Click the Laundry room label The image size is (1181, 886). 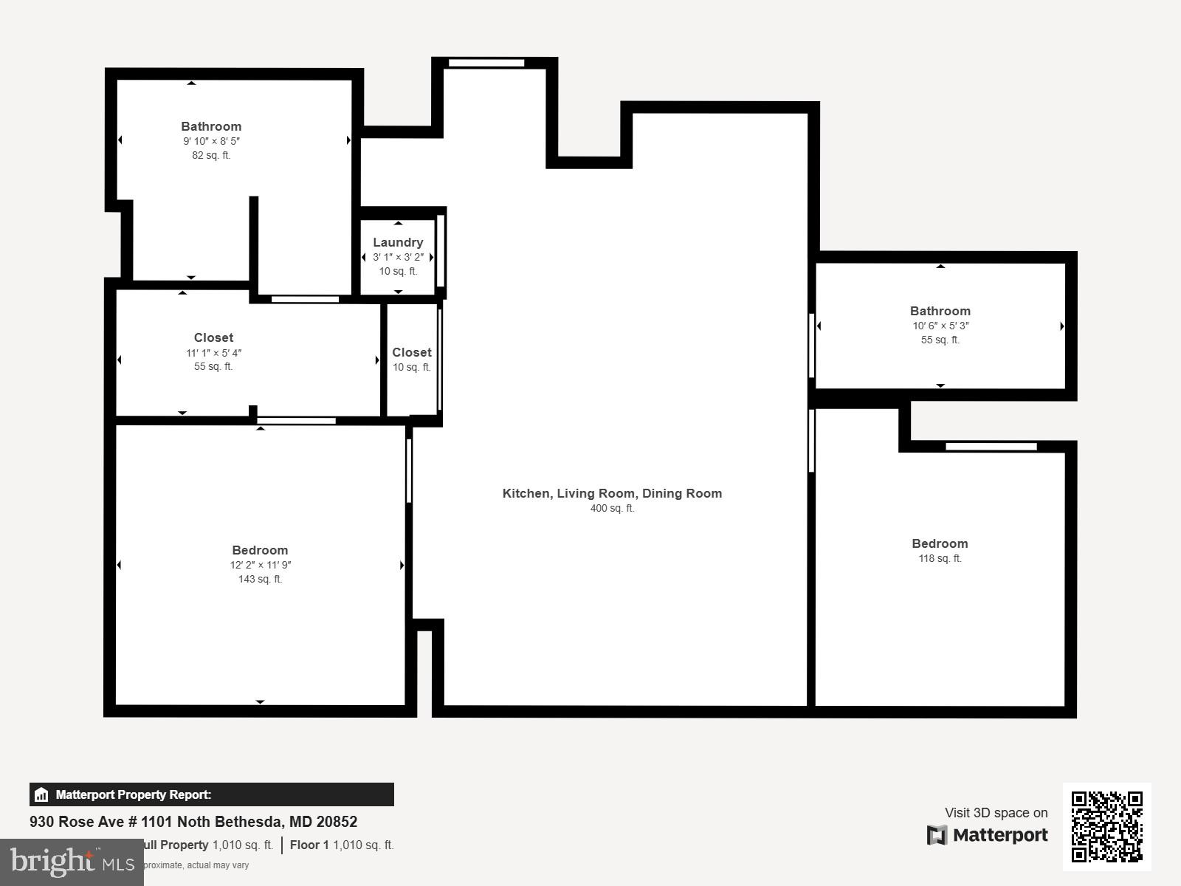pyautogui.click(x=398, y=242)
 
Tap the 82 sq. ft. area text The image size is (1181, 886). pyautogui.click(x=211, y=155)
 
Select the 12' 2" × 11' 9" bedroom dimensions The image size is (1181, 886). pyautogui.click(x=260, y=565)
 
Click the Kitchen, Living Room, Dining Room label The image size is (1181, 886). pyautogui.click(x=612, y=493)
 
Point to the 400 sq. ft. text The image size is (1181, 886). pyautogui.click(x=612, y=508)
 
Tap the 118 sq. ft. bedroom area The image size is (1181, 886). pyautogui.click(x=940, y=558)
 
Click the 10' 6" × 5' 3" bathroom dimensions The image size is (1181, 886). pyautogui.click(x=940, y=326)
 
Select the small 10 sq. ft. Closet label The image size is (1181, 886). pyautogui.click(x=412, y=352)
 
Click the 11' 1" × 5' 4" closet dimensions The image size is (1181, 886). pyautogui.click(x=213, y=353)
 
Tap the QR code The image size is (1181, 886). pyautogui.click(x=1106, y=826)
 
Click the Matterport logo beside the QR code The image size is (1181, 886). pyautogui.click(x=988, y=835)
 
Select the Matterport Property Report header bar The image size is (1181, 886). pyautogui.click(x=211, y=794)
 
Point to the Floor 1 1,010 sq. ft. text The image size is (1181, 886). pyautogui.click(x=342, y=845)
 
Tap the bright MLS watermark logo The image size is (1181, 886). pyautogui.click(x=72, y=862)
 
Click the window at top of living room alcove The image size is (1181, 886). pyautogui.click(x=486, y=63)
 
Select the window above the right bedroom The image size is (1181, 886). pyautogui.click(x=991, y=446)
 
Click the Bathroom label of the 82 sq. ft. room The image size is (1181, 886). pyautogui.click(x=211, y=126)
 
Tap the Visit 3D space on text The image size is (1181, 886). pyautogui.click(x=996, y=812)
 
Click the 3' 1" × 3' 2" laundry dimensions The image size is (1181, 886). pyautogui.click(x=398, y=257)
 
